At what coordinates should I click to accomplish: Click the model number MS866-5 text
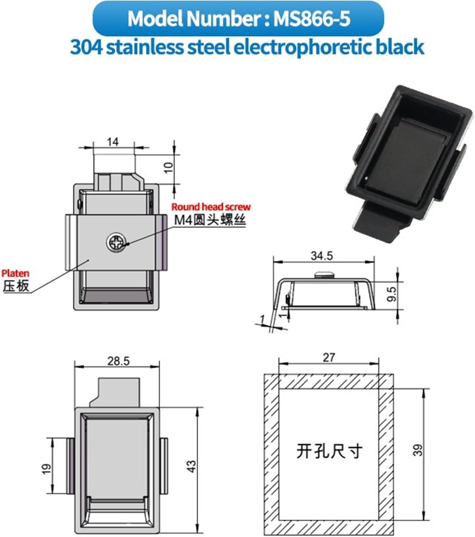point(312,18)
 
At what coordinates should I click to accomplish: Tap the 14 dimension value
point(113,142)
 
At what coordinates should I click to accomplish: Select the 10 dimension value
point(169,167)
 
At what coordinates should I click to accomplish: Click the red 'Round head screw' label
point(211,207)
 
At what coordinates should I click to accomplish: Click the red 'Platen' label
point(15,274)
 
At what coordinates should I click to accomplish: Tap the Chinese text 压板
point(16,286)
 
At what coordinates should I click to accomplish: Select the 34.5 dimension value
point(321,256)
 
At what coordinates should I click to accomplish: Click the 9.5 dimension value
point(392,293)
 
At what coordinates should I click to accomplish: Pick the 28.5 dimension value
point(118,361)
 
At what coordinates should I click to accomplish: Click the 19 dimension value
point(46,469)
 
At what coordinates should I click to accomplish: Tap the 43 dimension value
point(191,466)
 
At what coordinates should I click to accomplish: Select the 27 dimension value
point(328,357)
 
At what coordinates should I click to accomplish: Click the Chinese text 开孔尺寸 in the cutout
point(329,451)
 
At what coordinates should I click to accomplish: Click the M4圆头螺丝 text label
point(210,220)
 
